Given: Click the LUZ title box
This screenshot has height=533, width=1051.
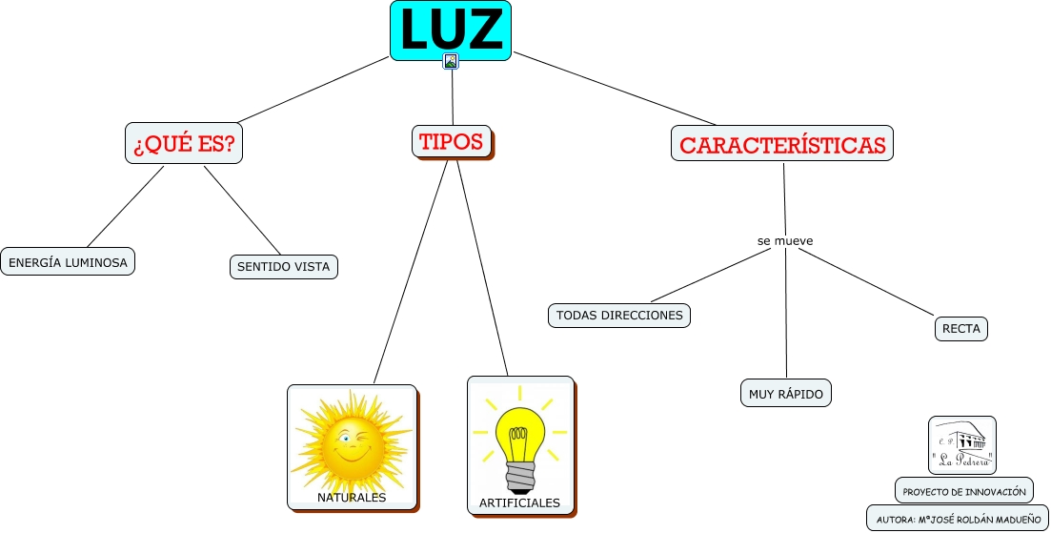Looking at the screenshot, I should (451, 30).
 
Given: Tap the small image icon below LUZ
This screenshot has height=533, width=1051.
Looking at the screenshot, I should (451, 61).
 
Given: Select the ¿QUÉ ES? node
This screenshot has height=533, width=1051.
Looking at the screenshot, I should (184, 144).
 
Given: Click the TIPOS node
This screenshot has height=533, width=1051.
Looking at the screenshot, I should (452, 142).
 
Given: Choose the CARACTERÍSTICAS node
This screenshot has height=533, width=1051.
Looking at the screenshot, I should (782, 145).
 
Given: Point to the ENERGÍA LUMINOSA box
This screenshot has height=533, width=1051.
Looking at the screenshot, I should (68, 261).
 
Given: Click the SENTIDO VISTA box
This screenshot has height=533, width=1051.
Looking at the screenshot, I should (284, 267).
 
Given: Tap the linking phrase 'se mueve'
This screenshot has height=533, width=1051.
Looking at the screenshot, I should (785, 241).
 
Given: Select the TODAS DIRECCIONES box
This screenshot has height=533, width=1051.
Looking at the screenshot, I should (619, 315).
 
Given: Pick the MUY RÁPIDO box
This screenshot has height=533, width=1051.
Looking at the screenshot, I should (786, 393).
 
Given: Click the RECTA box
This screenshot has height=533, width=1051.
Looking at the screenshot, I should (960, 329).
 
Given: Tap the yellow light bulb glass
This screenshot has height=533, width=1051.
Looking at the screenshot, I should (519, 434).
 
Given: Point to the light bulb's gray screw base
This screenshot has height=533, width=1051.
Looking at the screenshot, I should (521, 475).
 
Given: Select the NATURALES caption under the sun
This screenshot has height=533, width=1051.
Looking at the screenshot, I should (352, 498).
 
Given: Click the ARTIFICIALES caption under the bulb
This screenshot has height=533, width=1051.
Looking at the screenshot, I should (519, 502).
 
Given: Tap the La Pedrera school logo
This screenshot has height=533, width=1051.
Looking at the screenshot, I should (961, 445).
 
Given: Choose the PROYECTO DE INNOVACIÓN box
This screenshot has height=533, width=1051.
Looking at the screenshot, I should (964, 491).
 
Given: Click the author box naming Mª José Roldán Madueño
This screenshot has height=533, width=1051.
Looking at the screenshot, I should (958, 520).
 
